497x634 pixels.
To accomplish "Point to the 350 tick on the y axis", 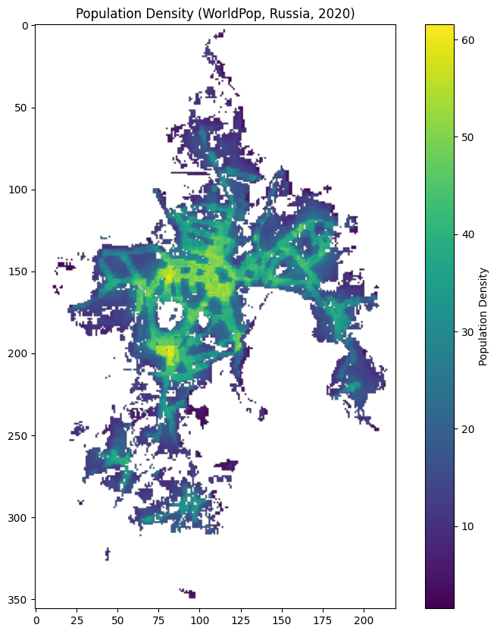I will coord(20,600).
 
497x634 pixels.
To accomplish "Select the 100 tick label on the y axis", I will coord(20,190).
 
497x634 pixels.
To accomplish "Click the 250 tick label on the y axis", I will coord(20,436).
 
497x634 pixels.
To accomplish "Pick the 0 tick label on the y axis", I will coord(26,26).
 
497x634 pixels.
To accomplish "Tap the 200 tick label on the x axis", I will coord(364,619).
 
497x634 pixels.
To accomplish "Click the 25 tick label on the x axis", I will coord(77,619).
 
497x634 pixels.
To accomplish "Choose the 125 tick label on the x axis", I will coord(241,619).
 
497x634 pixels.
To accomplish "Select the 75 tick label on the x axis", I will coord(159,619).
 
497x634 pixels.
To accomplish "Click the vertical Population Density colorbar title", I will coord(483,316).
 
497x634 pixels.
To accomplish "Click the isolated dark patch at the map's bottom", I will coord(190,594).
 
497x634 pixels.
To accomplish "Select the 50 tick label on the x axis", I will coord(118,619).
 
